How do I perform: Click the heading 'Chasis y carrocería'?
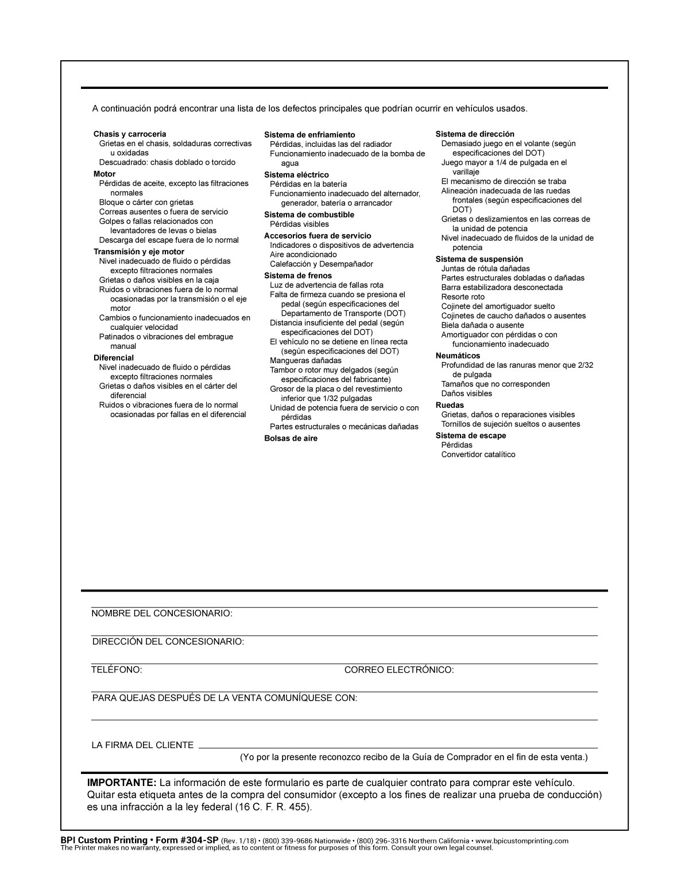click(x=130, y=134)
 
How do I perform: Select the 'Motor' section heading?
click(x=104, y=174)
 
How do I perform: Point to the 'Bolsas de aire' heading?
click(x=291, y=438)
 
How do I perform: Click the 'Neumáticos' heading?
click(x=458, y=356)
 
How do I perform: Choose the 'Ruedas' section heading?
click(x=450, y=405)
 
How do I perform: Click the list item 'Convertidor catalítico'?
click(x=478, y=454)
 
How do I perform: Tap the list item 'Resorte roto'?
click(x=463, y=297)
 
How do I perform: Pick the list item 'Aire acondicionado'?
click(x=303, y=255)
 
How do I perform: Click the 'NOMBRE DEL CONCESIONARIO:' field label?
click(x=162, y=613)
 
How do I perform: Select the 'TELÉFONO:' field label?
click(x=117, y=670)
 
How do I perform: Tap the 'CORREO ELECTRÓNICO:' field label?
click(x=399, y=670)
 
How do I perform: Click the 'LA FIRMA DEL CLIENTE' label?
click(x=142, y=745)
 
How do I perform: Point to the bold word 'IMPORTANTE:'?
click(x=122, y=783)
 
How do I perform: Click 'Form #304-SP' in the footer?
click(x=187, y=841)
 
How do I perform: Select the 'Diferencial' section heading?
click(x=114, y=357)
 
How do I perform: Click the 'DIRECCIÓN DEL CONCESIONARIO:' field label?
click(x=168, y=641)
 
